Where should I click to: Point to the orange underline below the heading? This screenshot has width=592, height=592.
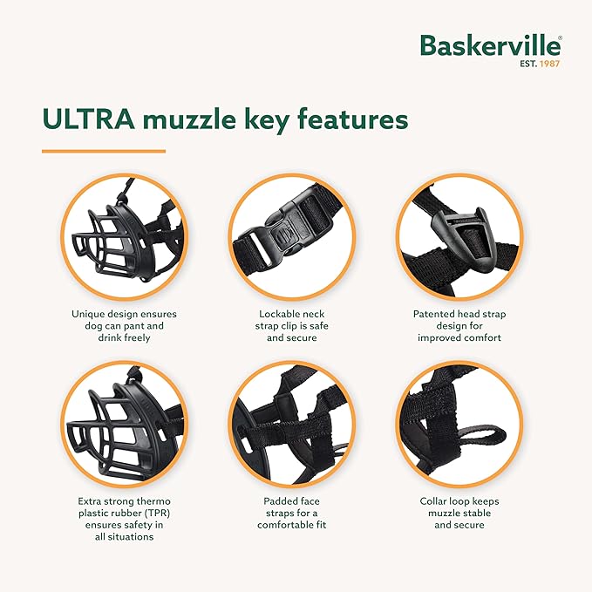pyautogui.click(x=103, y=151)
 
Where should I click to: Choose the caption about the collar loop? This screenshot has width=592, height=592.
pyautogui.click(x=459, y=514)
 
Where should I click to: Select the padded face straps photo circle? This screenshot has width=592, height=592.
pyautogui.click(x=291, y=425)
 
